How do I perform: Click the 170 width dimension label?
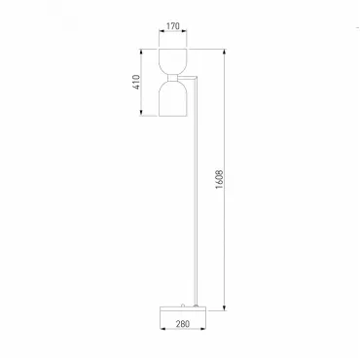tap(173, 26)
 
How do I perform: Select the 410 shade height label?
tap(136, 83)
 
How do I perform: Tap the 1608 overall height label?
tap(220, 179)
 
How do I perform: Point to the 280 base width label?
tap(183, 323)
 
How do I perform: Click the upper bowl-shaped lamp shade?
tap(172, 61)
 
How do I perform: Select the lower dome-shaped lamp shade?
tap(172, 98)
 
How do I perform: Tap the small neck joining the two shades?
tap(172, 78)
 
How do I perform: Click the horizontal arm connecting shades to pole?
tap(187, 78)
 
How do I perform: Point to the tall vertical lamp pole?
tap(196, 192)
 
